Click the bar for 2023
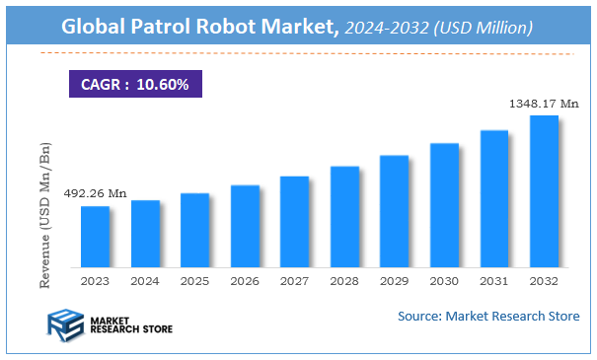95,237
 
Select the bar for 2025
194,230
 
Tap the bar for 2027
294,222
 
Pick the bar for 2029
394,211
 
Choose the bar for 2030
444,205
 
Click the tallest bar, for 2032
544,191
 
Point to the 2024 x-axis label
145,281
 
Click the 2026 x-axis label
245,281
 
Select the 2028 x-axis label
344,281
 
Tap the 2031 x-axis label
493,281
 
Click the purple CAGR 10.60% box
134,84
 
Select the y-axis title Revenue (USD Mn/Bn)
45,214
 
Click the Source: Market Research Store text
488,317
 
